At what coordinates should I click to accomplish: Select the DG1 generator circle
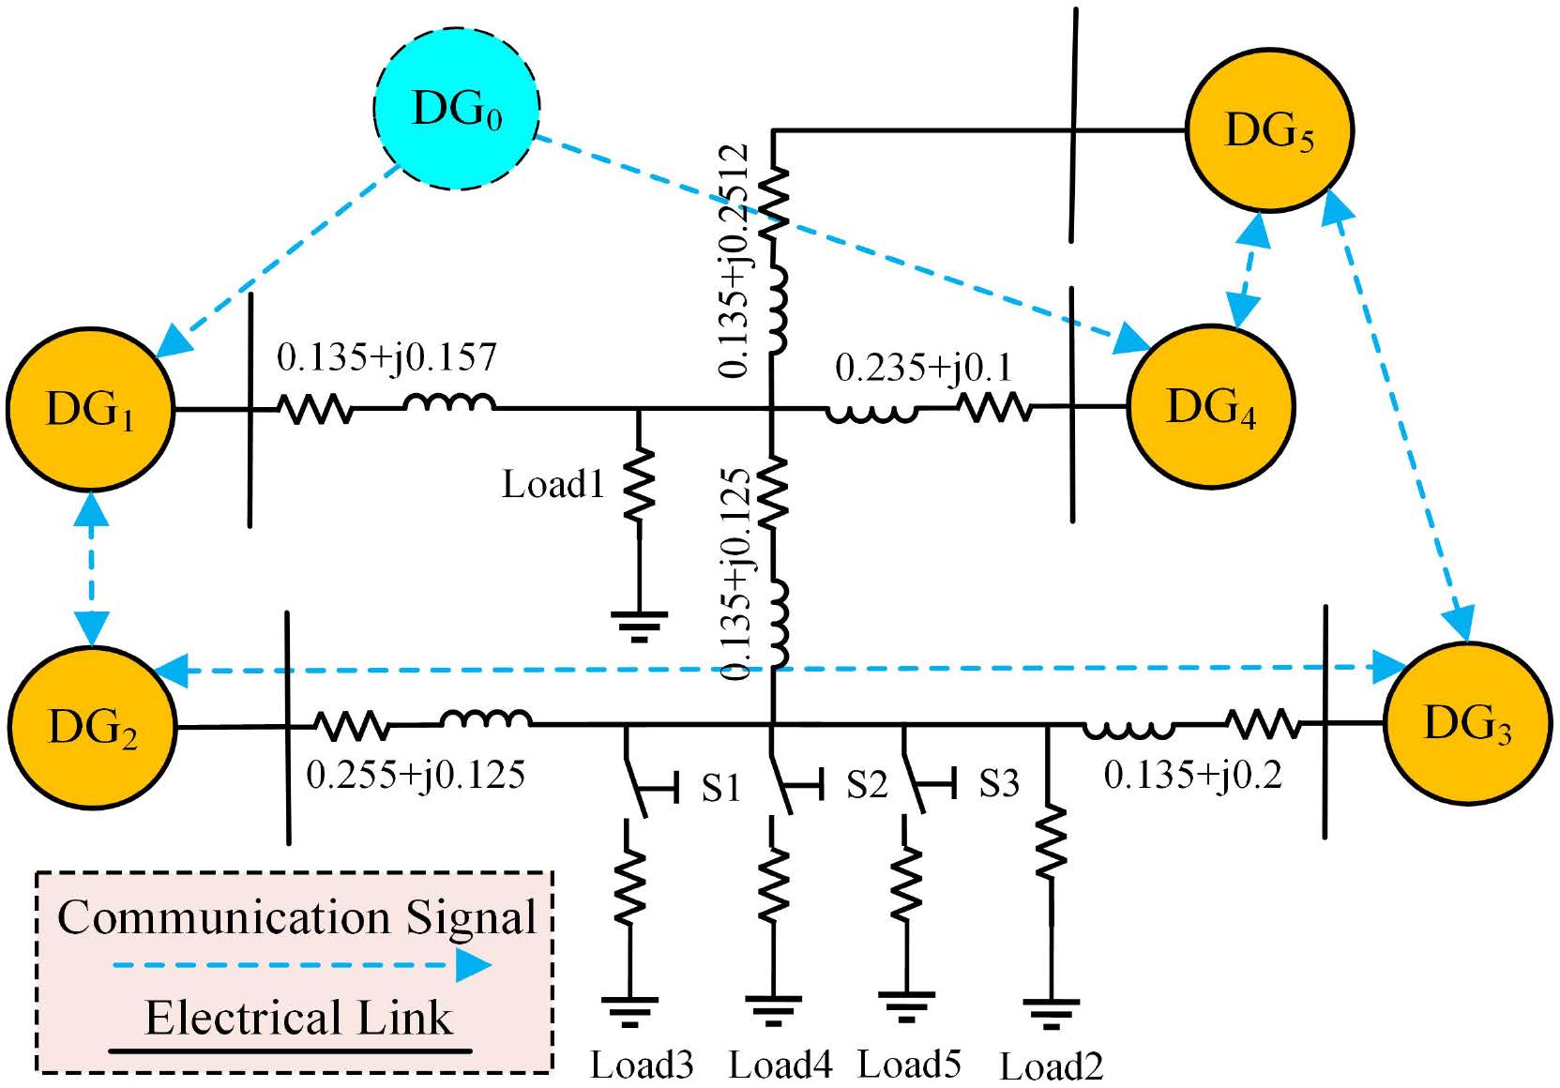(x=91, y=408)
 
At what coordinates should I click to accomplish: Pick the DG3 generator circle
(x=1467, y=723)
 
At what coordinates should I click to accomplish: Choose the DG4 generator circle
(x=1210, y=406)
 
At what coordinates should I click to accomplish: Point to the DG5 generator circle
(x=1269, y=129)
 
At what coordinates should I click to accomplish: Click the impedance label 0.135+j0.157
(x=386, y=357)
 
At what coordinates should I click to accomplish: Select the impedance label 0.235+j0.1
(x=924, y=367)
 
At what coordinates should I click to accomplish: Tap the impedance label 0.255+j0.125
(x=416, y=775)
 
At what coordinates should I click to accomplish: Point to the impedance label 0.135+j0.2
(x=1192, y=775)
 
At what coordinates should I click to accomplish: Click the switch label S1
(x=720, y=788)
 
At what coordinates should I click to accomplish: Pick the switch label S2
(x=866, y=784)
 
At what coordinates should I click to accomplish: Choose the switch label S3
(x=998, y=783)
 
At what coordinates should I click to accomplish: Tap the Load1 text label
(x=553, y=484)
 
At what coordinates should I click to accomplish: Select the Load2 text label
(x=1051, y=1066)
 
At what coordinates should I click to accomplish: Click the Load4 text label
(x=780, y=1065)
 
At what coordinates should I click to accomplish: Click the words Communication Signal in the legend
(x=296, y=917)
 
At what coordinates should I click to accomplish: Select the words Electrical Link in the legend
(x=298, y=1019)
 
